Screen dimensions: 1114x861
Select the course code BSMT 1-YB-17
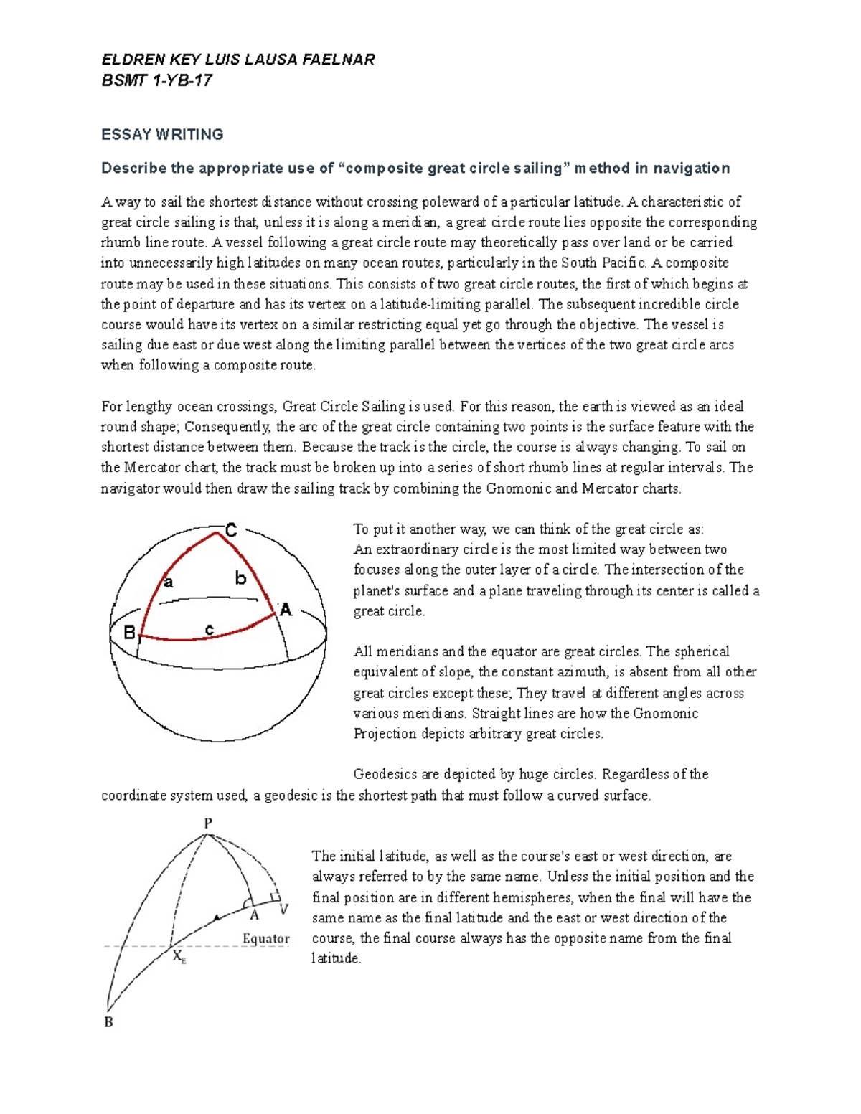pyautogui.click(x=156, y=80)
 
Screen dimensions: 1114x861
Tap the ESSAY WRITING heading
pyautogui.click(x=162, y=134)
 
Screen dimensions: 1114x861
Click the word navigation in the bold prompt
pyautogui.click(x=691, y=168)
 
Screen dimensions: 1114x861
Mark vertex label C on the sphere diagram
pyautogui.click(x=231, y=531)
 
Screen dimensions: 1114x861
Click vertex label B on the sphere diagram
pyautogui.click(x=129, y=633)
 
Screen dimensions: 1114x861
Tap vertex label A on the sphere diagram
pyautogui.click(x=286, y=610)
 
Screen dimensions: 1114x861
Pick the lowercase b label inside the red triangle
pyautogui.click(x=240, y=577)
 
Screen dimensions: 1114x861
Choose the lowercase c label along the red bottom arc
pyautogui.click(x=209, y=630)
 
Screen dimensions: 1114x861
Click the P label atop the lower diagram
pyautogui.click(x=208, y=823)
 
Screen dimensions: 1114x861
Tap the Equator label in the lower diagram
pyautogui.click(x=265, y=938)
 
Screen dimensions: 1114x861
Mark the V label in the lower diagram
pyautogui.click(x=283, y=909)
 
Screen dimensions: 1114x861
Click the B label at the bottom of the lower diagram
pyautogui.click(x=109, y=1022)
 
